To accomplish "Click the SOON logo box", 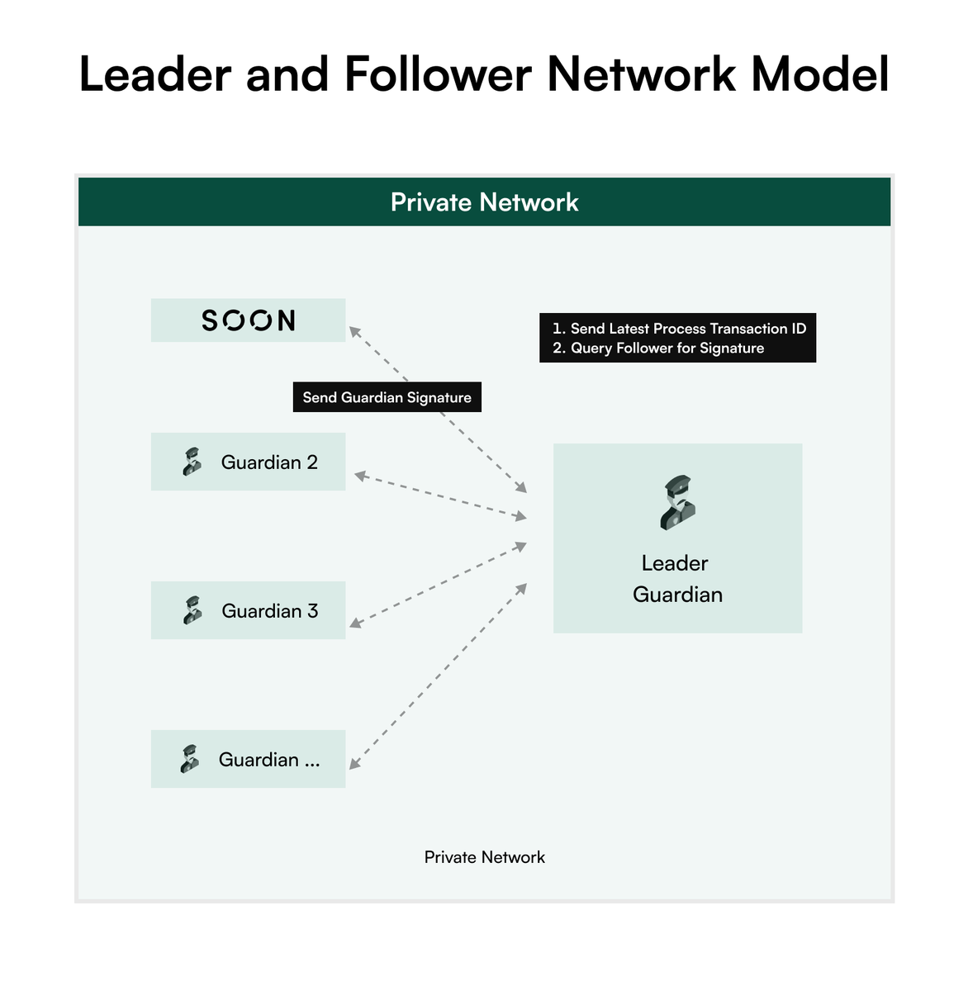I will [248, 320].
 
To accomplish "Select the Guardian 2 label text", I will [269, 462].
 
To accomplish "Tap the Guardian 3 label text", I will [269, 611].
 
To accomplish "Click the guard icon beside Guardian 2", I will [192, 462].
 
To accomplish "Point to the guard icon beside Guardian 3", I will [192, 610].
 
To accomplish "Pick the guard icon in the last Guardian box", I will [190, 759].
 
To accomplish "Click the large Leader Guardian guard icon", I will [677, 502].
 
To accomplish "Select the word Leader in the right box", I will [675, 563].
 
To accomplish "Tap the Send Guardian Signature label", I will [387, 397].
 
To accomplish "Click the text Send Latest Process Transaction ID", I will [687, 329].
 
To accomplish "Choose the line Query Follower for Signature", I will [667, 349].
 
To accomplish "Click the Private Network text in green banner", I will [484, 202].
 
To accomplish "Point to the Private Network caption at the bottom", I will [484, 857].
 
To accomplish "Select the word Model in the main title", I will [819, 74].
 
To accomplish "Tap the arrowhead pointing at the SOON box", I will [353, 330].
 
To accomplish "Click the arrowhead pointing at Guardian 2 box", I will [359, 476].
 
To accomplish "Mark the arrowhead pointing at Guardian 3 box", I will [354, 624].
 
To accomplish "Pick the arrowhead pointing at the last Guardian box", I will [354, 765].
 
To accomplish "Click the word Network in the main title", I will [641, 74].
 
